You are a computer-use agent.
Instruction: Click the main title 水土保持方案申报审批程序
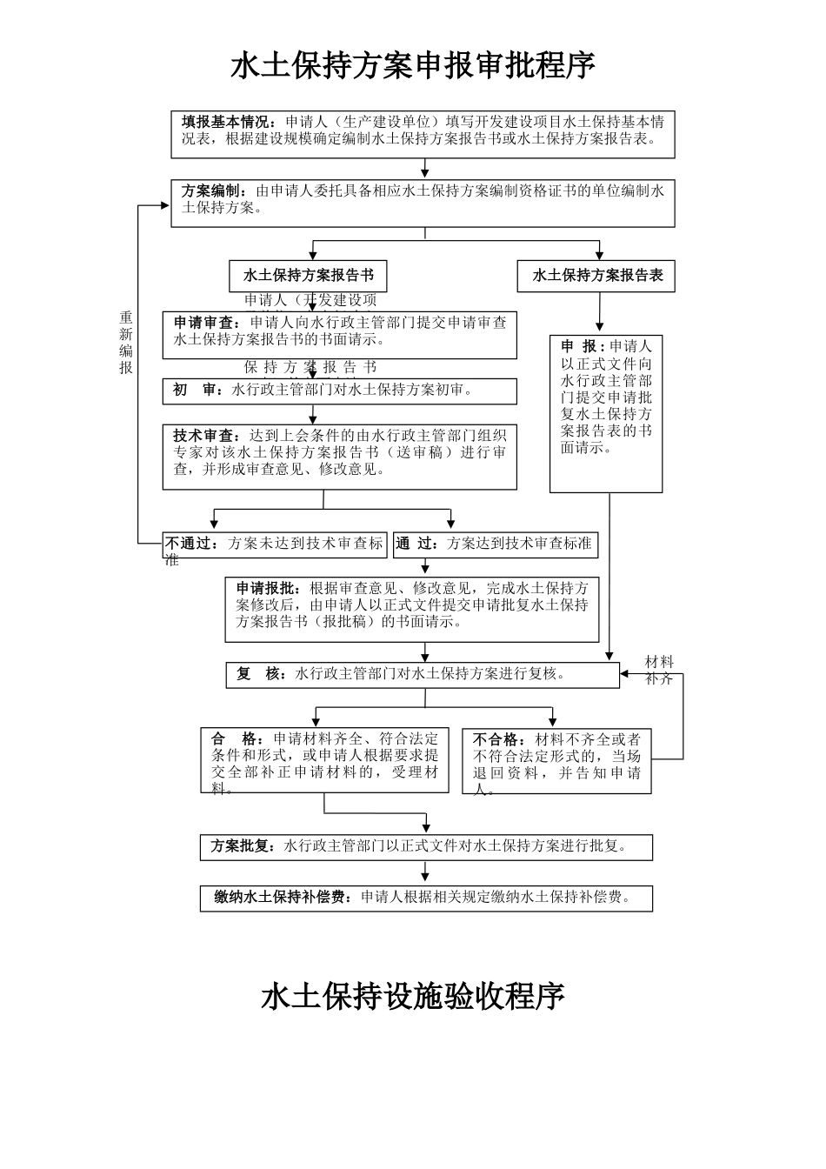pos(413,66)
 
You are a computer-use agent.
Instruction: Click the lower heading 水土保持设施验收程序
pos(413,997)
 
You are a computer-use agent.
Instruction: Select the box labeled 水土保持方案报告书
pos(309,276)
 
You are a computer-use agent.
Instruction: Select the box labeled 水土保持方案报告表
pos(596,276)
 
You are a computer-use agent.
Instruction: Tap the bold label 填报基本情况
pos(229,122)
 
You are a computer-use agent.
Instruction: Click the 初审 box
pos(339,391)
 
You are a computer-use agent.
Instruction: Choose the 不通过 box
pos(275,544)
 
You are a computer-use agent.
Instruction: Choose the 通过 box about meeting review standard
pos(495,544)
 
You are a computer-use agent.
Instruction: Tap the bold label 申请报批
pos(270,588)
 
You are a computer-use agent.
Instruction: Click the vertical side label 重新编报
pos(126,343)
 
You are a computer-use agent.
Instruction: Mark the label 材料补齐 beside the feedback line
pos(659,670)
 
